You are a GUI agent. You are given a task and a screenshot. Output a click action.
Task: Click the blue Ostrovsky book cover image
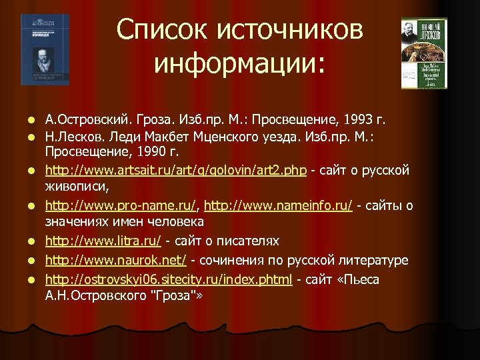tap(45, 49)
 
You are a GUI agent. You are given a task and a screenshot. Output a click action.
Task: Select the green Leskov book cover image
tap(423, 53)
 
